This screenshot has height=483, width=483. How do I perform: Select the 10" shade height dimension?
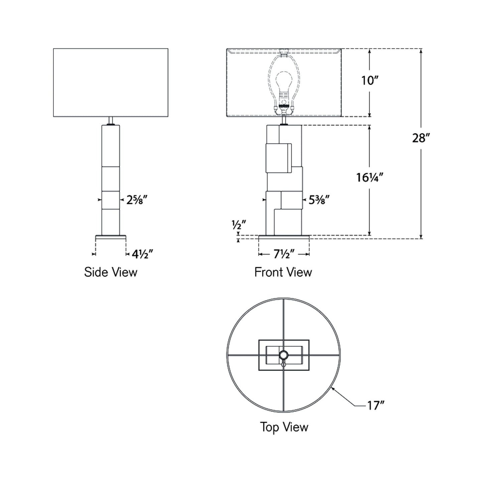[x=369, y=81]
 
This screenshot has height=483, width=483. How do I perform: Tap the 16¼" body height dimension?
[x=369, y=177]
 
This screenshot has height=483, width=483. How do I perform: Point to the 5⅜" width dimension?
[x=319, y=200]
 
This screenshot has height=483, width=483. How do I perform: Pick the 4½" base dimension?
[x=142, y=254]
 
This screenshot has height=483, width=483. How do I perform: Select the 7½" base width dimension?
[x=284, y=254]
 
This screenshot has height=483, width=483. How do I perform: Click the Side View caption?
[x=111, y=272]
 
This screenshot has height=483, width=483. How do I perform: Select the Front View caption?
[x=283, y=272]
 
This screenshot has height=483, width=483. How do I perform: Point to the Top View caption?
[x=284, y=427]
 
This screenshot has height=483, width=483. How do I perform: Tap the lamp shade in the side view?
[x=111, y=83]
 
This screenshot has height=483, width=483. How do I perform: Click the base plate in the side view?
[x=111, y=237]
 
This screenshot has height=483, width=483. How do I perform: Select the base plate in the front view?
[x=284, y=237]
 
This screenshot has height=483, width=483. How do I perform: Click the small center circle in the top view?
[x=284, y=355]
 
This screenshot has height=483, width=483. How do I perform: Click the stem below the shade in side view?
[x=111, y=120]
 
